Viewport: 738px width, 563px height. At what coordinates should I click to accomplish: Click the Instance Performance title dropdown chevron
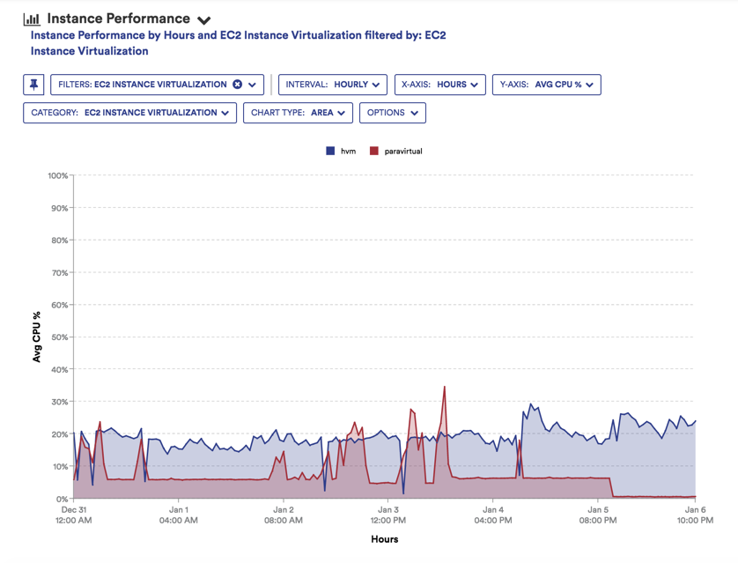click(204, 20)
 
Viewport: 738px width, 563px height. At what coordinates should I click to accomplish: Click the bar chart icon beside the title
click(32, 19)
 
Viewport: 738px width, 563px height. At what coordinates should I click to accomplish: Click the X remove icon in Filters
click(237, 85)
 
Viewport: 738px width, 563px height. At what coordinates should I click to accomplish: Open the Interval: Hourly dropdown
click(333, 85)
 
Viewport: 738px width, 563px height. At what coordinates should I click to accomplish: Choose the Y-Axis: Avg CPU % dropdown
click(546, 85)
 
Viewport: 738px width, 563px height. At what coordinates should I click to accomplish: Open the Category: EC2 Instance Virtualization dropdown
click(129, 113)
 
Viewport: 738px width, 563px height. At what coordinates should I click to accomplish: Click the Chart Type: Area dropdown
click(298, 113)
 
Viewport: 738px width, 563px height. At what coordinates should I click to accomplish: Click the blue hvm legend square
click(330, 152)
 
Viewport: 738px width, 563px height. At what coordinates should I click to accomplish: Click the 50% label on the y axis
click(58, 337)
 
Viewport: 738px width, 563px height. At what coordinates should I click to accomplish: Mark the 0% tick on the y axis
click(61, 499)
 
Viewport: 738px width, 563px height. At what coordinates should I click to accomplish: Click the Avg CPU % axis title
click(37, 337)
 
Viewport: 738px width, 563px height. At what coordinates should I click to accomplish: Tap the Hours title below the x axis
click(384, 539)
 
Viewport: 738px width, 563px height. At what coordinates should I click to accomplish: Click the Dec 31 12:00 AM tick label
click(73, 515)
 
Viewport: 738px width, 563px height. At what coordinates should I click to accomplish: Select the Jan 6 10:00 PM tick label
click(695, 515)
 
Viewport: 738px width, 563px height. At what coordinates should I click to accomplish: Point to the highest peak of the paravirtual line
click(445, 387)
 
